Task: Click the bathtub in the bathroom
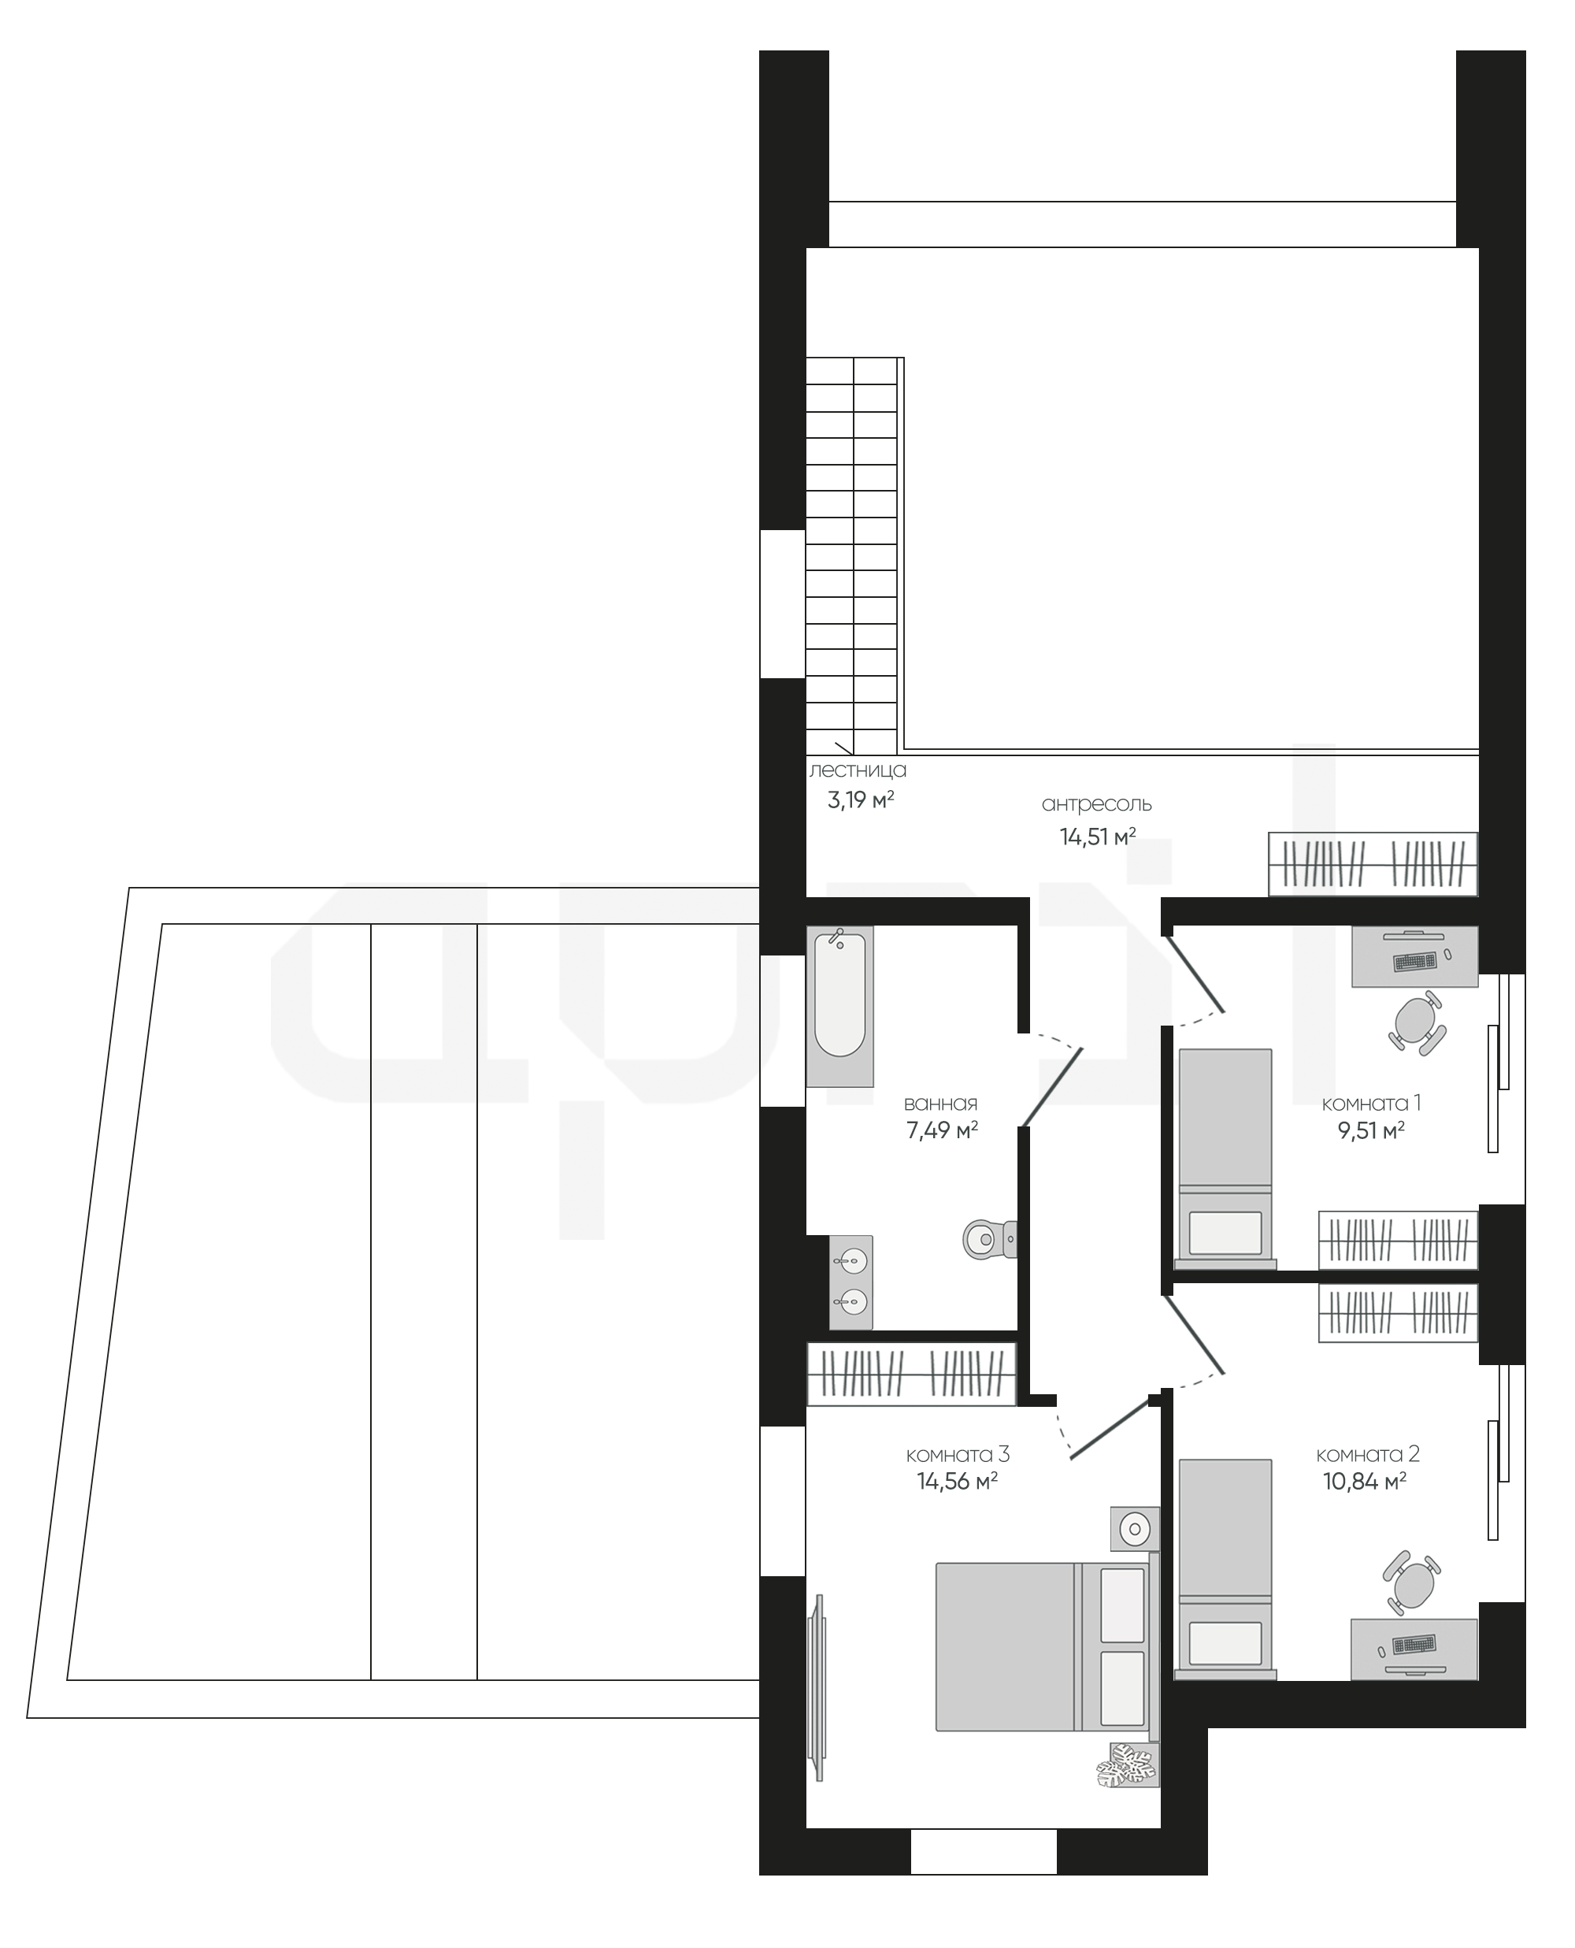pos(839,1005)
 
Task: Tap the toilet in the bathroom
pos(990,1237)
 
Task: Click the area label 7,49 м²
pos(942,1130)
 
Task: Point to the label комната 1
pos(1371,1104)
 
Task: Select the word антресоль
pos(1096,805)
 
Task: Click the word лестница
pos(858,771)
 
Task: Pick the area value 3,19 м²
pos(861,800)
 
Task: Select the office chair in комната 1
pos(1416,1022)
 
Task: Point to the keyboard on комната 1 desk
pos(1414,961)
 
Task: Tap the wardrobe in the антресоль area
pos(1373,864)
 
